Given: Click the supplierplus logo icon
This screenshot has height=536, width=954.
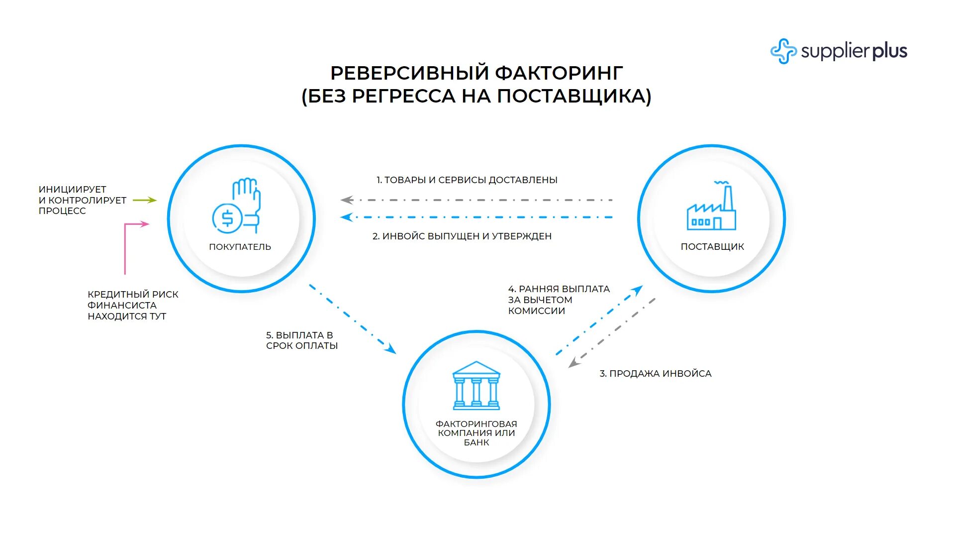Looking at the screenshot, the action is coord(783,51).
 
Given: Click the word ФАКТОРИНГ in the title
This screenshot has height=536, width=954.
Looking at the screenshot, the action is coord(559,73).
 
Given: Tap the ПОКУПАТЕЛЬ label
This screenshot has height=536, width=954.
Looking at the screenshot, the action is coord(240,247).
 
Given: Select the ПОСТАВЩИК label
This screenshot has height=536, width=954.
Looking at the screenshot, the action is coord(712,247).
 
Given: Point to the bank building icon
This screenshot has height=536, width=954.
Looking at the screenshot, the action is coord(476,385).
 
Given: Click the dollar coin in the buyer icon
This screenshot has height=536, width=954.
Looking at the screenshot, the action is coord(227,218).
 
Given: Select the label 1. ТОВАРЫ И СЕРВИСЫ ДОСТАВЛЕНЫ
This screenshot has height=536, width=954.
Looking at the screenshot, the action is coord(467,180).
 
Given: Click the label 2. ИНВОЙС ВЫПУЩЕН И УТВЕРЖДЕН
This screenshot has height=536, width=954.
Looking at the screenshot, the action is coord(462,236).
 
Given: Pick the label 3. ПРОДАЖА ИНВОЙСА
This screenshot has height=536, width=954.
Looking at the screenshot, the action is coord(656,374).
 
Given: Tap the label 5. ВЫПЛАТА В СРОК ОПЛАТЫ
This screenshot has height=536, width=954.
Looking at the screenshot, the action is coord(301,340).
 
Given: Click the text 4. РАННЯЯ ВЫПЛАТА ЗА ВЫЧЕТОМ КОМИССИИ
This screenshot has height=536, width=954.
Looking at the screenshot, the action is coord(559,300).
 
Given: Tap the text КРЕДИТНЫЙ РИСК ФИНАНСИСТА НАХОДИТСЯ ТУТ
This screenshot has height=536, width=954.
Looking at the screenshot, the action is coord(133,305).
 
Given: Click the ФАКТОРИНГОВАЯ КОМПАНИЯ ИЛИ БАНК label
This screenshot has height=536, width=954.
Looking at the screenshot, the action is coord(476,433).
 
